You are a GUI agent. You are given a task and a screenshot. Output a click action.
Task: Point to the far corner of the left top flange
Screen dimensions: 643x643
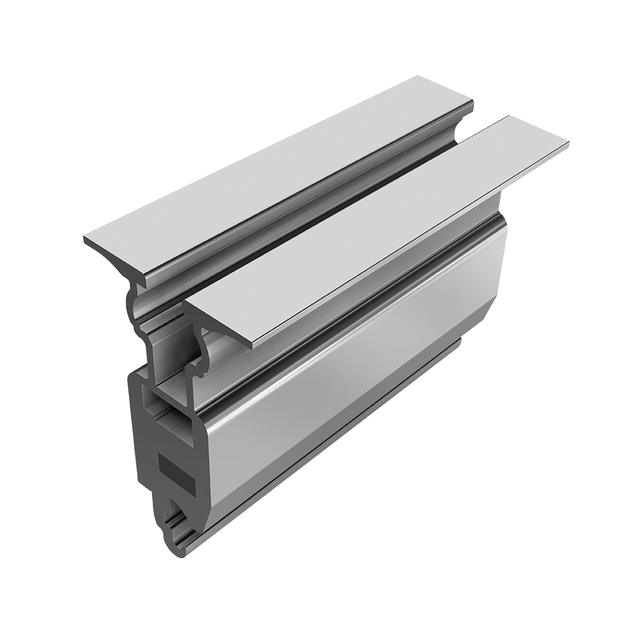coord(418,77)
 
